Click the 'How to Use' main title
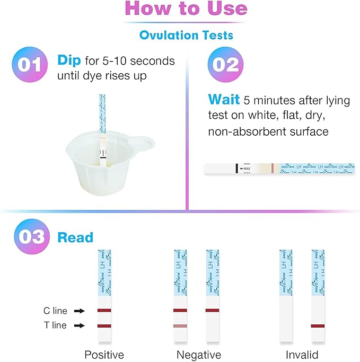coord(186,9)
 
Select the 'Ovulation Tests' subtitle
coord(186,35)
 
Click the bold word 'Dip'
coord(69,61)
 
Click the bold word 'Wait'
coord(223,100)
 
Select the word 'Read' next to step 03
coord(75,237)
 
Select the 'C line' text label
coord(55,311)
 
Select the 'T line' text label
coord(55,326)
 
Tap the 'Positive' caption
coord(104,355)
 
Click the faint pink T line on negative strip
coord(180,325)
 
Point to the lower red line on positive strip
coord(104,325)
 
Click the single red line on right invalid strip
coord(318,325)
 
